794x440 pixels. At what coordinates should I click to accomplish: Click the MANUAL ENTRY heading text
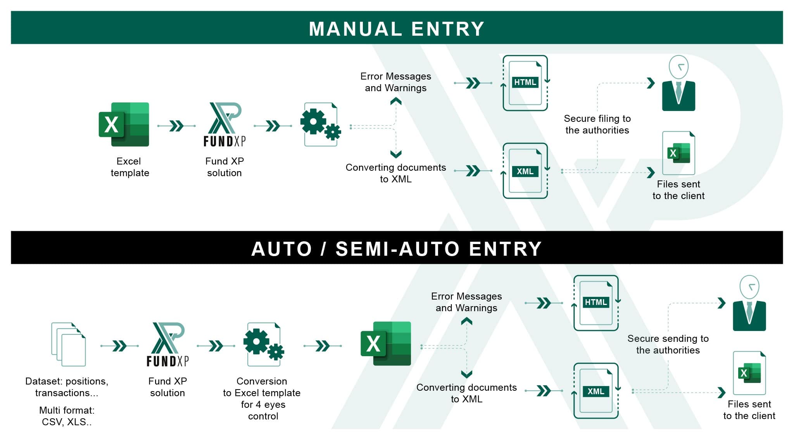point(397,29)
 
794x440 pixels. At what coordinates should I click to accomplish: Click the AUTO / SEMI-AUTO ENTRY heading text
point(397,249)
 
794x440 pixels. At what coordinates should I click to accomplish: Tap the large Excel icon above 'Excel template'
point(124,125)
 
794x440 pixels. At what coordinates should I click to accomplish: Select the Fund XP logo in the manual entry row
point(224,125)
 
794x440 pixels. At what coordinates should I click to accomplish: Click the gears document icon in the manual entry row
point(321,125)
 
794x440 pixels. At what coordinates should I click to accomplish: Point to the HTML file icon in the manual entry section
point(525,83)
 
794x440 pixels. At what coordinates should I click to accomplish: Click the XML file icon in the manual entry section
point(525,171)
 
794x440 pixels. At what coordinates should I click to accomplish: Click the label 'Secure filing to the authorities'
point(597,124)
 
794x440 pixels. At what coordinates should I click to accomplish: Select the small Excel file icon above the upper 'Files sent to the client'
point(678,153)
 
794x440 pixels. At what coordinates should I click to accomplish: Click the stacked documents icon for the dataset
point(69,344)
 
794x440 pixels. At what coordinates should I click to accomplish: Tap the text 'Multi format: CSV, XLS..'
point(67,416)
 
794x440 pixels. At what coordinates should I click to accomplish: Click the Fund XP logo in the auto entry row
point(167,345)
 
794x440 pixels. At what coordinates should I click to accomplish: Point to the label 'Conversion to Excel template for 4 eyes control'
point(262,398)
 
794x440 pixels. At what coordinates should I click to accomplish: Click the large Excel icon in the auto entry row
point(386,344)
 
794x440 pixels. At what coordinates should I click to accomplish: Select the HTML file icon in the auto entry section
point(596,303)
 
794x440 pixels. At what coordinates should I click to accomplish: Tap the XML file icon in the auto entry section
point(596,391)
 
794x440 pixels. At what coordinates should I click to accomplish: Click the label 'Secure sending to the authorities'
point(668,344)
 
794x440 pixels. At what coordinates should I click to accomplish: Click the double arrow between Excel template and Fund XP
point(176,126)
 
